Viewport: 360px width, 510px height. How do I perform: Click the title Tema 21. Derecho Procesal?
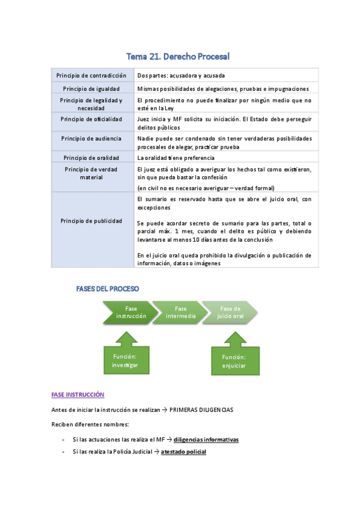point(178,57)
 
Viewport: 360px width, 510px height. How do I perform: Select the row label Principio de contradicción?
point(91,76)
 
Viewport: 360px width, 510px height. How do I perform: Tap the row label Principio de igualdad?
point(91,88)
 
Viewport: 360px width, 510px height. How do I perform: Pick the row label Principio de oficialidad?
point(91,119)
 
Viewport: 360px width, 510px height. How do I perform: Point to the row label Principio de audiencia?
point(91,138)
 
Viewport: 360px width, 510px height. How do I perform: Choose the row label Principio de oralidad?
point(91,157)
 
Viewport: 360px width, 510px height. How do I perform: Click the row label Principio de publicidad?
point(91,221)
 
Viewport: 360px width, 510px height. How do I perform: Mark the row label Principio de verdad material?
point(91,173)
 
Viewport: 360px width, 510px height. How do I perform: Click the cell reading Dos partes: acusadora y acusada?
point(181,76)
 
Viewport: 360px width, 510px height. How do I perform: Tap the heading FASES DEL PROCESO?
point(107,289)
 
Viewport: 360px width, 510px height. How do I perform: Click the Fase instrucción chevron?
point(127,312)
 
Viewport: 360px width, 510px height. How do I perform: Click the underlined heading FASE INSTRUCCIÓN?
point(78,395)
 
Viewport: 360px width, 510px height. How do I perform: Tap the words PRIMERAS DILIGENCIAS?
point(201,410)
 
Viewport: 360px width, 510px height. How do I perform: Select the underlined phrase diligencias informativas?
point(206,440)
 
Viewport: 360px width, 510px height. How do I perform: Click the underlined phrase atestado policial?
point(183,451)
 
